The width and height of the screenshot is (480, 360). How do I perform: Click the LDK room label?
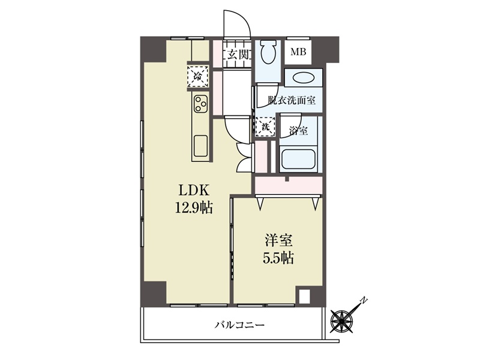pyautogui.click(x=194, y=190)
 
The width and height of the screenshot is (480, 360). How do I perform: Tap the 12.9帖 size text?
pyautogui.click(x=194, y=208)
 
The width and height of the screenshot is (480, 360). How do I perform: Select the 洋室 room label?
pyautogui.click(x=278, y=241)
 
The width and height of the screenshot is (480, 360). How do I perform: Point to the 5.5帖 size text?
pyautogui.click(x=278, y=258)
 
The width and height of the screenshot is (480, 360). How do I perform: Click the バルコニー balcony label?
pyautogui.click(x=239, y=325)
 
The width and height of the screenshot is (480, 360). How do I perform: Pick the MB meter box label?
pyautogui.click(x=298, y=52)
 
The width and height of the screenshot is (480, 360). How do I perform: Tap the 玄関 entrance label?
pyautogui.click(x=237, y=55)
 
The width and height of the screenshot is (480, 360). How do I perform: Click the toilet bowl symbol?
pyautogui.click(x=269, y=52)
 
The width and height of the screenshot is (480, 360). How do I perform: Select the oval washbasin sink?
pyautogui.click(x=303, y=78)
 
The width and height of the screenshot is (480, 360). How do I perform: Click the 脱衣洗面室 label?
pyautogui.click(x=292, y=100)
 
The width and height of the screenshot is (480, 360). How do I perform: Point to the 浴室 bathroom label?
pyautogui.click(x=298, y=131)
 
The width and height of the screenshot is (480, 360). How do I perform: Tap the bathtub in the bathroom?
pyautogui.click(x=298, y=159)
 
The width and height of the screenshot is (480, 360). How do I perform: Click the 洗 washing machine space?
pyautogui.click(x=265, y=126)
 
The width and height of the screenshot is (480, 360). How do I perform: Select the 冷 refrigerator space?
pyautogui.click(x=198, y=76)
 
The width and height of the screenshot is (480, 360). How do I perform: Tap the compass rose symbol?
pyautogui.click(x=341, y=321)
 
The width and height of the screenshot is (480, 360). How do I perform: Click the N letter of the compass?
pyautogui.click(x=364, y=300)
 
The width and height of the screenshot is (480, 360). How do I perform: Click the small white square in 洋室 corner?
pyautogui.click(x=304, y=296)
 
